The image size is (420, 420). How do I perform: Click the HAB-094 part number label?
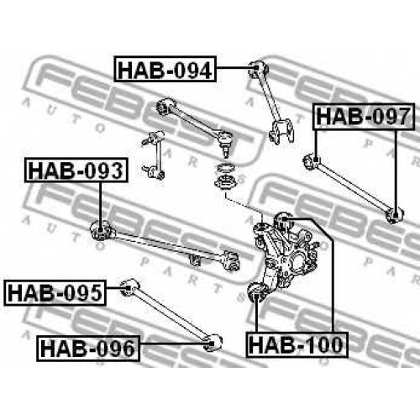click(x=165, y=69)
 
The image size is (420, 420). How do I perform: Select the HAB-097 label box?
click(x=364, y=117)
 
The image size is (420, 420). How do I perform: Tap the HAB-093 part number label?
click(x=76, y=170)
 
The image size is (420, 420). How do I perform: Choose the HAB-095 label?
click(x=55, y=292)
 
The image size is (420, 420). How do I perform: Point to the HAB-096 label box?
click(x=88, y=348)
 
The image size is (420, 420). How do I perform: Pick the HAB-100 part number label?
click(x=297, y=344)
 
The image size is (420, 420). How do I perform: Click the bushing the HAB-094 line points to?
click(x=258, y=69)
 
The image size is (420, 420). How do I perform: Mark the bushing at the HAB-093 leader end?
click(x=101, y=230)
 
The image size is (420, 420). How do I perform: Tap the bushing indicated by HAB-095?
click(x=129, y=287)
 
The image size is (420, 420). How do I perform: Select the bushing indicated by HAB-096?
click(x=213, y=344)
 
